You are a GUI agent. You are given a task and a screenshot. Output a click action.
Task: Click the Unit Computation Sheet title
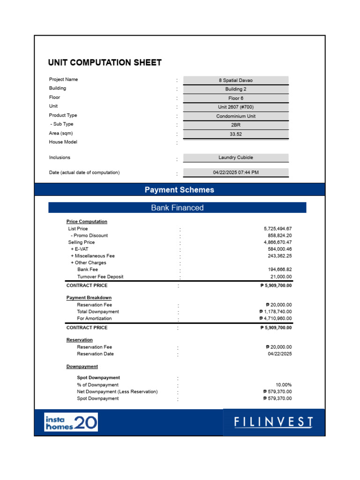(105, 63)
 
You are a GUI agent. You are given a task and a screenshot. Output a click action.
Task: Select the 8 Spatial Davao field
(236, 80)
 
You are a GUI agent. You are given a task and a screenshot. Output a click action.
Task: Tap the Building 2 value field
(236, 89)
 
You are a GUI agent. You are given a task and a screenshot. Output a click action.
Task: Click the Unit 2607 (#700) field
(236, 107)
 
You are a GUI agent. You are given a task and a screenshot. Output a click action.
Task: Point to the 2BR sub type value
(236, 125)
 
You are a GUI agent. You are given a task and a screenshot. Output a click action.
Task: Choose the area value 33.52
(236, 134)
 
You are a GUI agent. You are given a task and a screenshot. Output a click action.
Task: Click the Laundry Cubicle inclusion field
(236, 157)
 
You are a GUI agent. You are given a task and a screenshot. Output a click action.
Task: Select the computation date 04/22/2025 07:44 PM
(236, 172)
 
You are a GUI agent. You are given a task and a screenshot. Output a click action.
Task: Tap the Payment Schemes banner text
(179, 190)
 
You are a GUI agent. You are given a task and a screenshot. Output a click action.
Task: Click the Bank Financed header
(177, 208)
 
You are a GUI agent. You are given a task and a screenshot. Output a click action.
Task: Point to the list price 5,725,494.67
(277, 229)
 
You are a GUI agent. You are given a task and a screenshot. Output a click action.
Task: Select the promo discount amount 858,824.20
(280, 235)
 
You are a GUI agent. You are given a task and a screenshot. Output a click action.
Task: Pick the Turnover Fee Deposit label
(100, 277)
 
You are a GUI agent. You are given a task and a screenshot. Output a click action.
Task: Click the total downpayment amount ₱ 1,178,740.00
(276, 312)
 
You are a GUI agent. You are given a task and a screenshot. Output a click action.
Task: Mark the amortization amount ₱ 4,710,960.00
(276, 318)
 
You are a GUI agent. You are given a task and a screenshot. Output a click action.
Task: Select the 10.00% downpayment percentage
(284, 385)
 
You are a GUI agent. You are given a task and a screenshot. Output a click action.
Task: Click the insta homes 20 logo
(71, 422)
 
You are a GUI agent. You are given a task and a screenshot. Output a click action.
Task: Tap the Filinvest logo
(274, 422)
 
